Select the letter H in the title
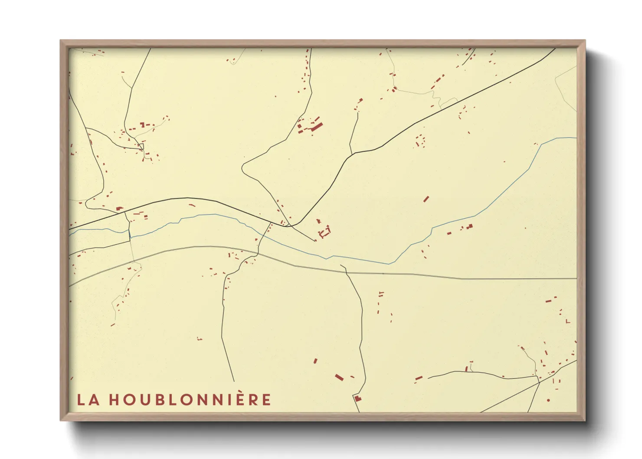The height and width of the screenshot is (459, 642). click(114, 400)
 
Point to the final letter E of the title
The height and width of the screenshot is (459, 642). click(266, 400)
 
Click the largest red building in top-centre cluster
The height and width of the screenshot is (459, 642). click(317, 127)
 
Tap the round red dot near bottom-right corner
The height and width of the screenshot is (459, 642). click(548, 400)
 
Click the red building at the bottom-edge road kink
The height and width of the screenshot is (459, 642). click(357, 398)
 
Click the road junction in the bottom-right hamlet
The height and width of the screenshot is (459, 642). click(539, 382)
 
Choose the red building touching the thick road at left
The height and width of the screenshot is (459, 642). click(118, 209)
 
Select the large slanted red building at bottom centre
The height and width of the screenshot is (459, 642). click(339, 377)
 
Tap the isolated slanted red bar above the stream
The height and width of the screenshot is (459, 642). click(426, 199)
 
